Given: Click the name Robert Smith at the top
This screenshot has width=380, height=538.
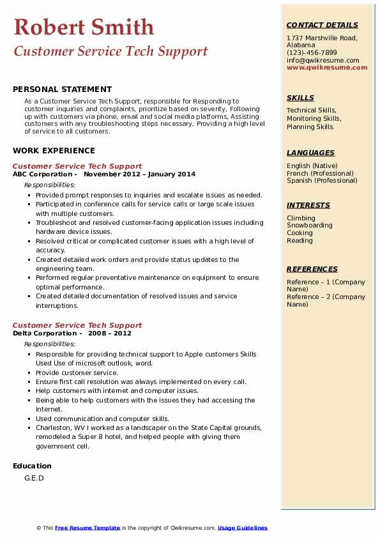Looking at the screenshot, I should pyautogui.click(x=84, y=27).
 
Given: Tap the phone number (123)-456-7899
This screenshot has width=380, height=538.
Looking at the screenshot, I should pyautogui.click(x=312, y=53).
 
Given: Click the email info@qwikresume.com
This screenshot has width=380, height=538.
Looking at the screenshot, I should pyautogui.click(x=323, y=61).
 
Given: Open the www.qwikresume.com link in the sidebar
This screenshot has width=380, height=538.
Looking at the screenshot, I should pyautogui.click(x=323, y=68).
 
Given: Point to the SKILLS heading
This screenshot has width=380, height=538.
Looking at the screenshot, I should pyautogui.click(x=300, y=98).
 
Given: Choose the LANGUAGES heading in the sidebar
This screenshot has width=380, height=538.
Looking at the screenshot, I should pyautogui.click(x=310, y=153).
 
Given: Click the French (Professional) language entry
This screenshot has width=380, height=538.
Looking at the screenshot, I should pyautogui.click(x=320, y=173).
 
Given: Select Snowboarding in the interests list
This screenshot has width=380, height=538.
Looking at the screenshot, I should pyautogui.click(x=309, y=226).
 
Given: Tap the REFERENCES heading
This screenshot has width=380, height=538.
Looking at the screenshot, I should pyautogui.click(x=312, y=269).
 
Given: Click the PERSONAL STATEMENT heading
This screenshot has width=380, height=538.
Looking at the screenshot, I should pyautogui.click(x=62, y=89).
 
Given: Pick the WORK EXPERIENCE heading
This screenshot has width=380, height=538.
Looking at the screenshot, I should pyautogui.click(x=54, y=151).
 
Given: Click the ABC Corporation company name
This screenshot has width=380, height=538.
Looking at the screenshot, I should pyautogui.click(x=42, y=174).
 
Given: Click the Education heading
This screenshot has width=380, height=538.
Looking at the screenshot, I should pyautogui.click(x=32, y=466).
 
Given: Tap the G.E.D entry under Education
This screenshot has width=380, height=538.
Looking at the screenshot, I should pyautogui.click(x=34, y=478).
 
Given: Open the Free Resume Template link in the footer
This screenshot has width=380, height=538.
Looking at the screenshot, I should pyautogui.click(x=87, y=528).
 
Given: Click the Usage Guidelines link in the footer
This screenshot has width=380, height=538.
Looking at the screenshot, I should pyautogui.click(x=242, y=528).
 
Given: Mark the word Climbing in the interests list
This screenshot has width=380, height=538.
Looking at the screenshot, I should pyautogui.click(x=301, y=218).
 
